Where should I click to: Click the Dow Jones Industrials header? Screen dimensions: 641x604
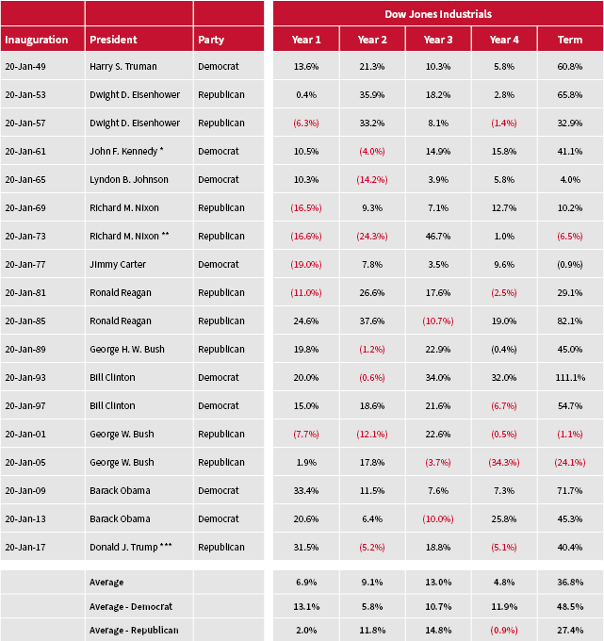click(x=437, y=14)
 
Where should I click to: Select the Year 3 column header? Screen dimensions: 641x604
click(x=438, y=40)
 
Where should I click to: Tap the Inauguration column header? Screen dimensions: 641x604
click(x=36, y=40)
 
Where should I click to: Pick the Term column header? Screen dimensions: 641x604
click(x=570, y=40)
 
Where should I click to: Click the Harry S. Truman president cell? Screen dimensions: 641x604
click(x=122, y=67)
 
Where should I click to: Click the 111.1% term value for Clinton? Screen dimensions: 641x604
click(x=570, y=378)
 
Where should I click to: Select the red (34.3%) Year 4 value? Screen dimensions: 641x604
click(x=504, y=463)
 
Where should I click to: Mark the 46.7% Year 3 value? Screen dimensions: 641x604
click(x=438, y=237)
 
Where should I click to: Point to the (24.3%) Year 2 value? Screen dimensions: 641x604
click(x=372, y=237)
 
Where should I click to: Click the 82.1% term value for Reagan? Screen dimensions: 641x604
click(x=570, y=321)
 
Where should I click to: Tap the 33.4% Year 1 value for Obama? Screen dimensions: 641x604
click(x=306, y=491)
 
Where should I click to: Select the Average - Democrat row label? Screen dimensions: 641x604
click(x=131, y=606)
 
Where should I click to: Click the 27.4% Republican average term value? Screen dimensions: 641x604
click(x=570, y=630)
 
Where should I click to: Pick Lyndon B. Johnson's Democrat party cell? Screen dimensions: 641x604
click(x=219, y=180)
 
